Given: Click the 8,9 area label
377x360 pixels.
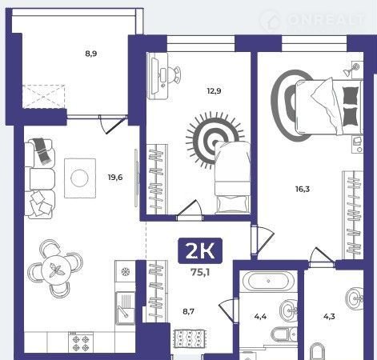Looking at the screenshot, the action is point(91,54).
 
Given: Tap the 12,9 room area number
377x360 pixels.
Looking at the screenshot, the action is point(214,91).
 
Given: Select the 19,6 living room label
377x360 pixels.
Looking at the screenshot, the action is point(115,177).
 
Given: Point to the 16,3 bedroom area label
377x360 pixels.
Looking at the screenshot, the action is point(303,189).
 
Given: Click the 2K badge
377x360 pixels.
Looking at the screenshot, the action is point(200,250).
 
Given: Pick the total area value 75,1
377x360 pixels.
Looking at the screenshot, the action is point(200,273).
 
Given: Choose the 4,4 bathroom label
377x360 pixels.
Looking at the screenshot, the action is point(260,317).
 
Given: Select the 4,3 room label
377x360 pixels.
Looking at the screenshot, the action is point(329,317).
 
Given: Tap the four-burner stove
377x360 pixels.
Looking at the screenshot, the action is point(81,342).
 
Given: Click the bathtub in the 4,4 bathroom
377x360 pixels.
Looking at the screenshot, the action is point(268,281).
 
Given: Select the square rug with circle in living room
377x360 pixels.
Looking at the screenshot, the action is point(80,178).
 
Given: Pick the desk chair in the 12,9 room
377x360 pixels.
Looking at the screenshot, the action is point(174,75).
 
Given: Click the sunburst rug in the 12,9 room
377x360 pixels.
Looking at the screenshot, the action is point(214,140).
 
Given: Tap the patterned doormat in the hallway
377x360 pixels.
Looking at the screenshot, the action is point(190,338).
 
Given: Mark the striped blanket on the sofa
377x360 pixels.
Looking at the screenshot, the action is point(42,150).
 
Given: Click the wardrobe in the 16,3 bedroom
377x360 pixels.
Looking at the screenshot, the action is point(353,215).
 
